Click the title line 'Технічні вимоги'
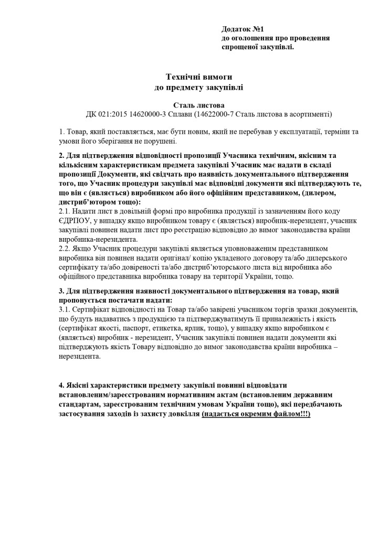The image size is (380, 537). tap(198, 77)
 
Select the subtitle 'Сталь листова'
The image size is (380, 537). tap(198, 105)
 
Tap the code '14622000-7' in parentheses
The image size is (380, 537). tap(215, 114)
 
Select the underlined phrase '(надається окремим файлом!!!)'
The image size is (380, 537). tap(256, 414)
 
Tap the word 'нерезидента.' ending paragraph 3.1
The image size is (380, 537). tap(79, 356)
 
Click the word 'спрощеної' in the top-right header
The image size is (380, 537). tap(238, 47)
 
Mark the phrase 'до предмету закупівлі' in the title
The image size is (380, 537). tap(198, 87)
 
